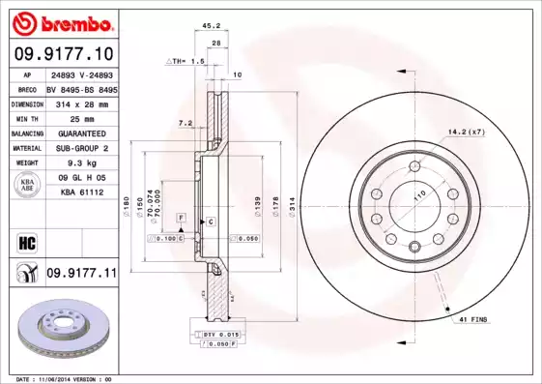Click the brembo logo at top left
(x=63, y=22)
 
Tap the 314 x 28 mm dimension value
(x=81, y=103)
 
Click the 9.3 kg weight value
(x=81, y=163)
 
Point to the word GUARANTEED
(x=81, y=133)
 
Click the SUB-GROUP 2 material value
(x=81, y=149)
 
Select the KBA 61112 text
(x=81, y=193)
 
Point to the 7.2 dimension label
(x=186, y=123)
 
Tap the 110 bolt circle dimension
(x=420, y=195)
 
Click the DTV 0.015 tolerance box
(x=218, y=333)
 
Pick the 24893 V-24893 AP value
(x=81, y=74)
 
